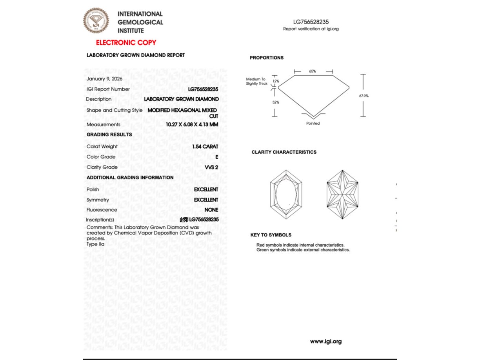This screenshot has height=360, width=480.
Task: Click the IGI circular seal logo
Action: [96, 21]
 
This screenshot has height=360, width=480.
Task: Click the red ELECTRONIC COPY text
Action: [126, 43]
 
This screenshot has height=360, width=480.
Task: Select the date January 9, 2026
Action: [104, 79]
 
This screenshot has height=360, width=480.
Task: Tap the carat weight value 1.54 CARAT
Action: [205, 147]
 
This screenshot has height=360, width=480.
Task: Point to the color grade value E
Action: [217, 157]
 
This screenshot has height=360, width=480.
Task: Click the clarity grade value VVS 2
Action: [211, 167]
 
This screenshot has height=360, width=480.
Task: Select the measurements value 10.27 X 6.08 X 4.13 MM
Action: [192, 125]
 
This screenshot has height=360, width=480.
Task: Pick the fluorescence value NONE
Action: [211, 210]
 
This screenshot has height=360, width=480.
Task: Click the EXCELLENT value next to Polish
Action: [206, 189]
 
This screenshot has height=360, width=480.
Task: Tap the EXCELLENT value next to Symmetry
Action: [206, 200]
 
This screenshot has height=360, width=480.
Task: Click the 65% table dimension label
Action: [312, 71]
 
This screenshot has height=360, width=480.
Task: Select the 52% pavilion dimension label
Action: [276, 102]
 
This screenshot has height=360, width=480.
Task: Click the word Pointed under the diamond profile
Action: [313, 124]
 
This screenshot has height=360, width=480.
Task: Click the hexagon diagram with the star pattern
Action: [342, 195]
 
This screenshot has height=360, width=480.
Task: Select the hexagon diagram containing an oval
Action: [286, 195]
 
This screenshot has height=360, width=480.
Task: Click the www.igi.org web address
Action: [325, 342]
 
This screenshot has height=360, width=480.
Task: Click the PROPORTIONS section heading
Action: [267, 58]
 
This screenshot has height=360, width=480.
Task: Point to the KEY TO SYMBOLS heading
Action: [271, 235]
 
